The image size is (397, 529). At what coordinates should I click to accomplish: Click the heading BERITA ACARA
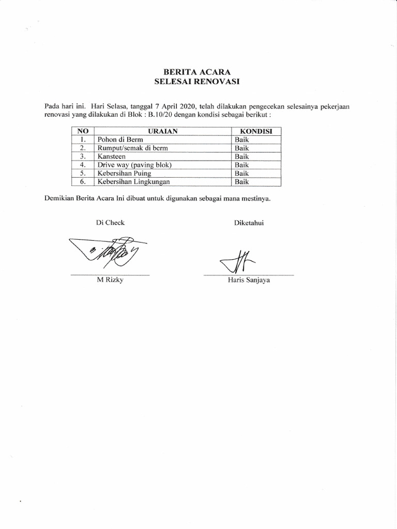198,72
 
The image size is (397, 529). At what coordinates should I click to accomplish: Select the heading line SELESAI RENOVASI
198,81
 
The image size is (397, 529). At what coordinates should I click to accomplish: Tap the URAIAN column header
162,131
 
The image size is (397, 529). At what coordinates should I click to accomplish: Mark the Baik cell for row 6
242,181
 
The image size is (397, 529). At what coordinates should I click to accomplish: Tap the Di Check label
110,223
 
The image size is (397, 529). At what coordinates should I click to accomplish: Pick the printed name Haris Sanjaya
249,281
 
